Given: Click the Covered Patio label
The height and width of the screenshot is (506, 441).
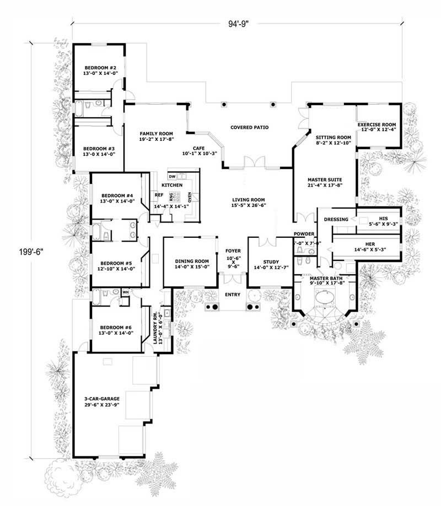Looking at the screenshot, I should (x=249, y=127).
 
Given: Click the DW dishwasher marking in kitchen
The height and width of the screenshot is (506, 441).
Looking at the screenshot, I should (x=172, y=176).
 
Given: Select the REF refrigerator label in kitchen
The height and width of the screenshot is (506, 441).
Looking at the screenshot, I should (x=159, y=194).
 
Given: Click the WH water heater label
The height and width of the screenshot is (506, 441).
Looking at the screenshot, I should (x=125, y=292).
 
